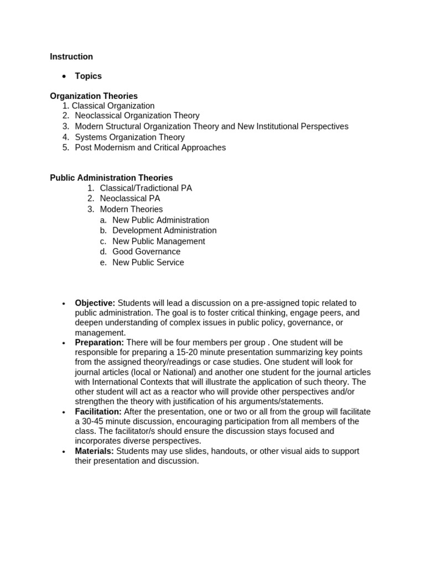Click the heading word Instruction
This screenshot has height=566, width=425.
coord(71,56)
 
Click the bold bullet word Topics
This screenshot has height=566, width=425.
coord(89,76)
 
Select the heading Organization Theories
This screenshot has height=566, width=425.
coord(94,96)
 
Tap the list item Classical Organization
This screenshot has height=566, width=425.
coord(113,106)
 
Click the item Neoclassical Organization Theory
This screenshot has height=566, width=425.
coord(137,116)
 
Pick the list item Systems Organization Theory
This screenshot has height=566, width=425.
coord(129,137)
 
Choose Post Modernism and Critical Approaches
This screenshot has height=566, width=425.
coord(150,148)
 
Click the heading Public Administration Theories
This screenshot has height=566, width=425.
coord(111,178)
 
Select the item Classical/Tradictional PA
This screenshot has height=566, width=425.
coord(146,188)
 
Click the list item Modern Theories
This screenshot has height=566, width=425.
coord(131,209)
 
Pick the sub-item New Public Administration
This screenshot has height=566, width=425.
coord(160,220)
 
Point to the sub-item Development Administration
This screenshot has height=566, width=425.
coord(164,230)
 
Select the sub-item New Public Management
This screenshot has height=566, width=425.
coord(158,241)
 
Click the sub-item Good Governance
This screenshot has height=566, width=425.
coord(146,251)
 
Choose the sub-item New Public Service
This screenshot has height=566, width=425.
coord(148,263)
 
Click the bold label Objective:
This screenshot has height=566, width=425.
coord(95,303)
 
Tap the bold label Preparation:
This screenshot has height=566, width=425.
coord(100,343)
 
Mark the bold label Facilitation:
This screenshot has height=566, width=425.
coord(99,412)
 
